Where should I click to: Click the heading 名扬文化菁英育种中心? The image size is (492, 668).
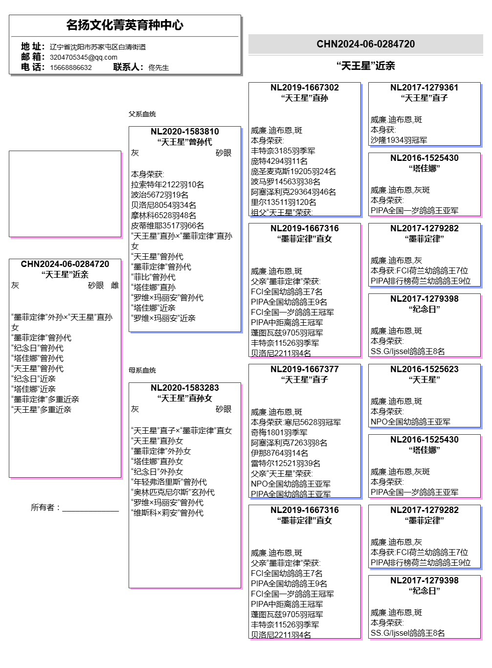click(125, 25)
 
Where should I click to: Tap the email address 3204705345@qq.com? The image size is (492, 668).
click(84, 57)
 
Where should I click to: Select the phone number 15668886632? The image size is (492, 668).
click(70, 67)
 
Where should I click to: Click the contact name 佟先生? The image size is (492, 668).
click(158, 67)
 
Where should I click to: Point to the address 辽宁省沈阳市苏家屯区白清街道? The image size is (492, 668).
click(98, 47)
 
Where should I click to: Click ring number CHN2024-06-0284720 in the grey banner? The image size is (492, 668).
click(365, 44)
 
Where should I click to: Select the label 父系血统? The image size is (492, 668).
click(142, 114)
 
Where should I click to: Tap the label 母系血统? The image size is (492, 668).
click(142, 370)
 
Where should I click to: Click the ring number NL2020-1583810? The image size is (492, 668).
click(184, 132)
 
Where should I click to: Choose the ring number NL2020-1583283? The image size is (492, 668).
click(184, 388)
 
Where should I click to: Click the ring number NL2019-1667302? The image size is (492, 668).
click(305, 88)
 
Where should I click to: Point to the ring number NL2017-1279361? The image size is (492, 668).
click(425, 88)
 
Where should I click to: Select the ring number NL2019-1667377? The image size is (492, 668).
click(305, 369)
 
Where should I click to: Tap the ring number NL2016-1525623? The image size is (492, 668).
click(425, 369)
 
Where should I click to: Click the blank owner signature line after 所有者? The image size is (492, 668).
click(90, 511)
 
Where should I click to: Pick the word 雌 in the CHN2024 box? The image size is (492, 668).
click(115, 286)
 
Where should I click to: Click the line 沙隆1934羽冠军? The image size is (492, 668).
click(399, 140)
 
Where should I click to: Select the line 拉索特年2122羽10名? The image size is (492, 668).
click(167, 184)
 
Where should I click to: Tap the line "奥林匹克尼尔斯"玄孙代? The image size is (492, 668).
click(173, 492)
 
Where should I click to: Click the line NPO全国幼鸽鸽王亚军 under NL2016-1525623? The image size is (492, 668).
click(410, 422)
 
